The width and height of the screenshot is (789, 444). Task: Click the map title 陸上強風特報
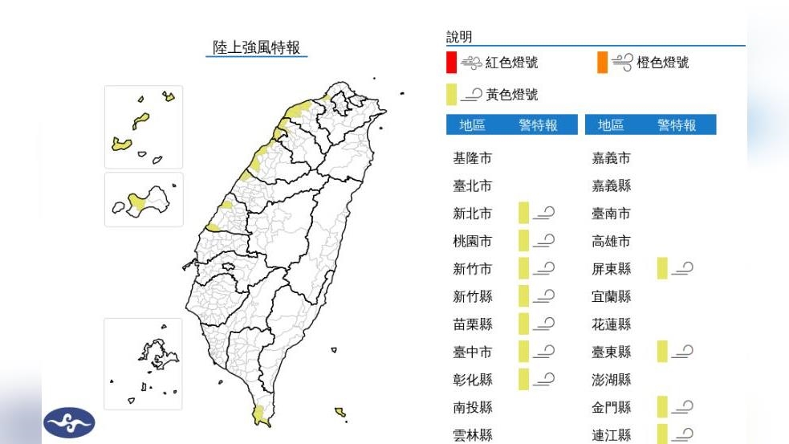click(x=256, y=47)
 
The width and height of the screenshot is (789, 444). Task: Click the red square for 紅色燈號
click(x=452, y=62)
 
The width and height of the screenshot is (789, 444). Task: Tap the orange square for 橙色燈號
click(x=602, y=62)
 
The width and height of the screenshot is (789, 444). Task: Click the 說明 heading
click(x=459, y=37)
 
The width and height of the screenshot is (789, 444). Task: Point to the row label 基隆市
click(x=472, y=158)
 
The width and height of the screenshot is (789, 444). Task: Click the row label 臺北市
click(x=472, y=185)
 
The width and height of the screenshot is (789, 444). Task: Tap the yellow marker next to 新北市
click(x=523, y=213)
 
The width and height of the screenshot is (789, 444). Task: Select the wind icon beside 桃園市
click(x=545, y=240)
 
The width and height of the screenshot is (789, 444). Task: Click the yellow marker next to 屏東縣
click(x=662, y=268)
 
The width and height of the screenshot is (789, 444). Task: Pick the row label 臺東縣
click(x=611, y=352)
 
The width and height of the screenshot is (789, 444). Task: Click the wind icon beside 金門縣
click(x=683, y=407)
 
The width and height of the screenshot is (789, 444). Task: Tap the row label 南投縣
click(x=472, y=407)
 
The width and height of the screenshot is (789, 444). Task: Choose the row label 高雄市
click(x=611, y=241)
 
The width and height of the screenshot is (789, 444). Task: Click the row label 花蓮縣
click(x=611, y=324)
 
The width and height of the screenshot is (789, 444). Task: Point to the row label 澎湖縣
click(x=611, y=380)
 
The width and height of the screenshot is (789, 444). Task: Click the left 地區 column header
click(x=472, y=125)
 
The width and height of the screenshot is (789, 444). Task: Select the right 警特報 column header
click(x=676, y=125)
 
